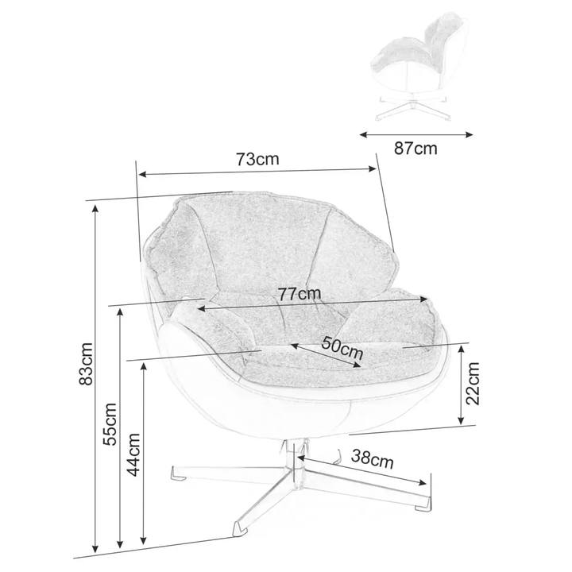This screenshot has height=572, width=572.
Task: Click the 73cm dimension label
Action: [x=257, y=159]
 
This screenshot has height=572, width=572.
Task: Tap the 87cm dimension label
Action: [x=415, y=149]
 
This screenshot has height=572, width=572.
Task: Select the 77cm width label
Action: [x=300, y=293]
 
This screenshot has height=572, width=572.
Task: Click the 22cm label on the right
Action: [x=474, y=385]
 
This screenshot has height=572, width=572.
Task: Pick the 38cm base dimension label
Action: [x=373, y=460]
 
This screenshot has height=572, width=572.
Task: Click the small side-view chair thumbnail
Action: [x=414, y=68]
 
